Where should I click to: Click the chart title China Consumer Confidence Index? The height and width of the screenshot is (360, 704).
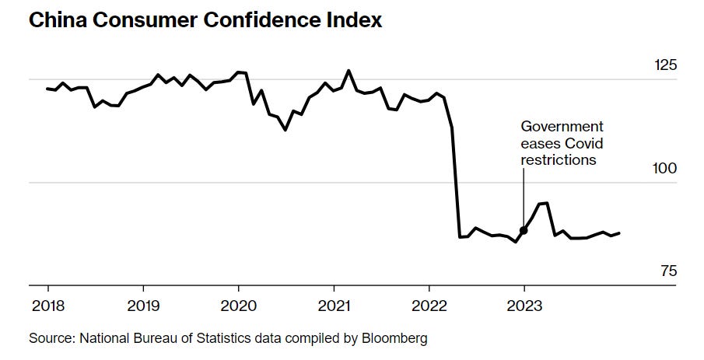pyautogui.click(x=205, y=20)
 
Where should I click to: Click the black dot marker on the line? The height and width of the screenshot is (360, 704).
pyautogui.click(x=524, y=230)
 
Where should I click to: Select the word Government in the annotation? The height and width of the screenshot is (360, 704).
pyautogui.click(x=562, y=126)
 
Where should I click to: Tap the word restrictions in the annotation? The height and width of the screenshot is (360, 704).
pyautogui.click(x=559, y=160)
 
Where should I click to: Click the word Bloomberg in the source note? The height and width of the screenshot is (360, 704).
pyautogui.click(x=398, y=339)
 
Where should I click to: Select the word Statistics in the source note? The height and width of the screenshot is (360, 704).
pyautogui.click(x=214, y=339)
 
